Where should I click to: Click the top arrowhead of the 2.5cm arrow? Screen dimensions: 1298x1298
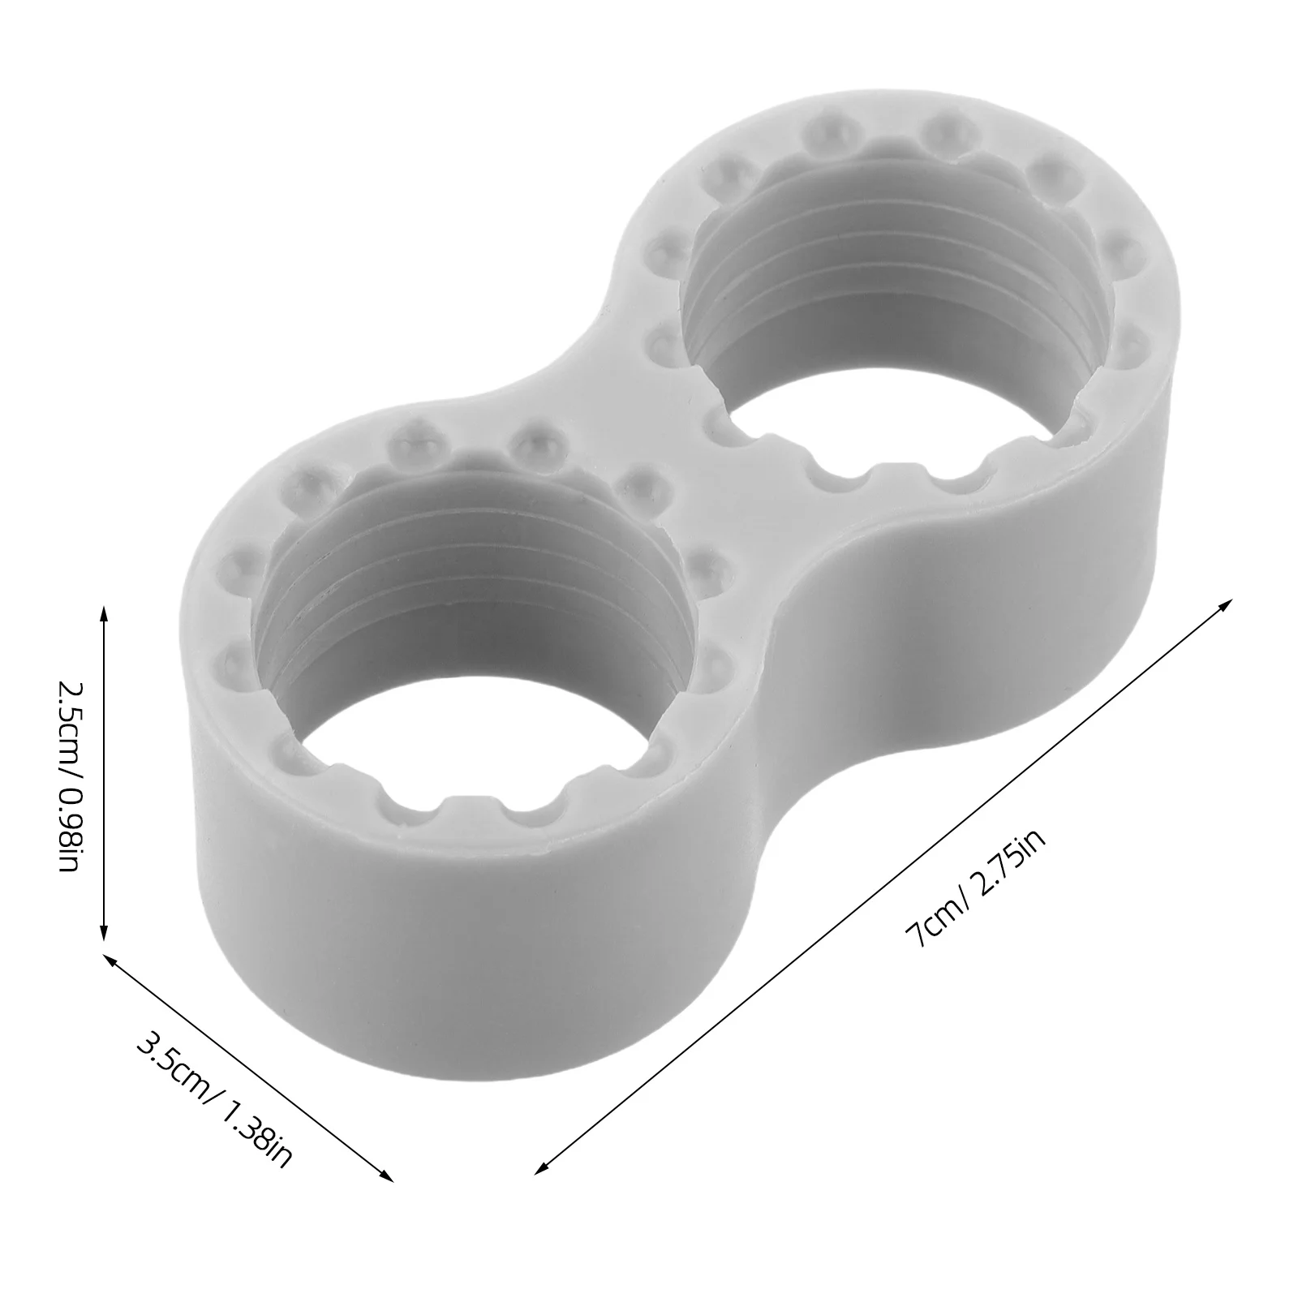[x=103, y=611]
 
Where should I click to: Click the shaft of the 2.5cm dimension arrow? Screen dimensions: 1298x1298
[x=103, y=771]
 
